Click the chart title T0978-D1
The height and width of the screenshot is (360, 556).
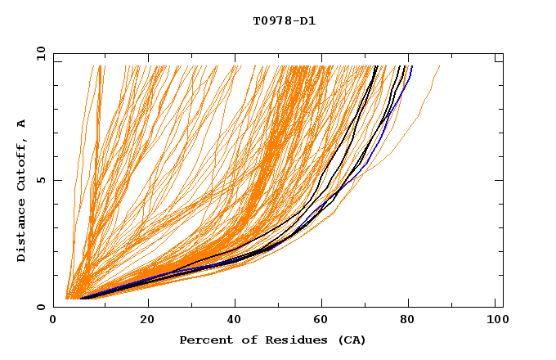tap(284, 21)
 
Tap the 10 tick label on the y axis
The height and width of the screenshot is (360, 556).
tap(39, 53)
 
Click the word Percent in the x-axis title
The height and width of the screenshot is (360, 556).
tap(203, 340)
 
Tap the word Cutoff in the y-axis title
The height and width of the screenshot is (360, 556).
tap(22, 163)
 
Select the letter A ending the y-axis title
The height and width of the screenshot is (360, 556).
tap(22, 124)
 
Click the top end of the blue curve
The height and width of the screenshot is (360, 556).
tap(412, 66)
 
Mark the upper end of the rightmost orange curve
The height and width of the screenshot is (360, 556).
tap(440, 66)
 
